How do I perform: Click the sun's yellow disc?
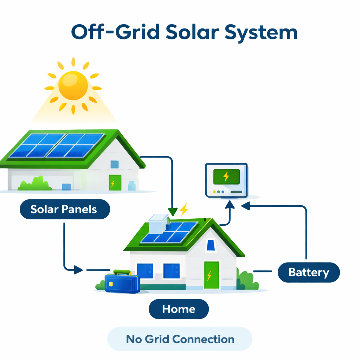[73, 85]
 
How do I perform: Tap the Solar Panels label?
[64, 210]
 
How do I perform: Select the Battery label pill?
[309, 272]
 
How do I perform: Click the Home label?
[179, 309]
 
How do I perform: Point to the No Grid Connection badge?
[180, 339]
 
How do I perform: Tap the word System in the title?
[261, 32]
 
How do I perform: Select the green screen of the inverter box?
[226, 176]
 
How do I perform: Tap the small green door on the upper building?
[115, 182]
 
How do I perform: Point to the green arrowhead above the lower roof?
[172, 212]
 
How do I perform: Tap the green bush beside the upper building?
[35, 184]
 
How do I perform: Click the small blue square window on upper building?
[115, 164]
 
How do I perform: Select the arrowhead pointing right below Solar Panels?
[78, 270]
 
